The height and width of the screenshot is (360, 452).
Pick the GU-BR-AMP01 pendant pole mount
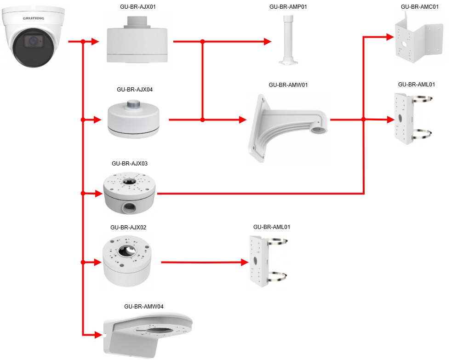point(288,41)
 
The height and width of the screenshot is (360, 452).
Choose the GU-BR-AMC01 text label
point(420,7)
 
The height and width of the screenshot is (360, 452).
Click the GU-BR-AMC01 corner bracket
point(419,39)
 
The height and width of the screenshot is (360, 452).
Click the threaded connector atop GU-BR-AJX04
point(134,104)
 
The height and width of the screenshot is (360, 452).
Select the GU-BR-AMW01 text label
point(288,85)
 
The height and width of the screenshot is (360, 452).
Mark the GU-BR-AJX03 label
point(129,163)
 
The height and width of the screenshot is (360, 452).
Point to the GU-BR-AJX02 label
point(128,228)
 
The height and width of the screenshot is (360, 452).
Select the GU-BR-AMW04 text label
point(143,306)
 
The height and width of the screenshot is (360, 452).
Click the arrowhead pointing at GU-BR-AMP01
point(268,42)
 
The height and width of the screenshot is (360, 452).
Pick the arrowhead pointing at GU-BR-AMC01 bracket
point(390,36)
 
